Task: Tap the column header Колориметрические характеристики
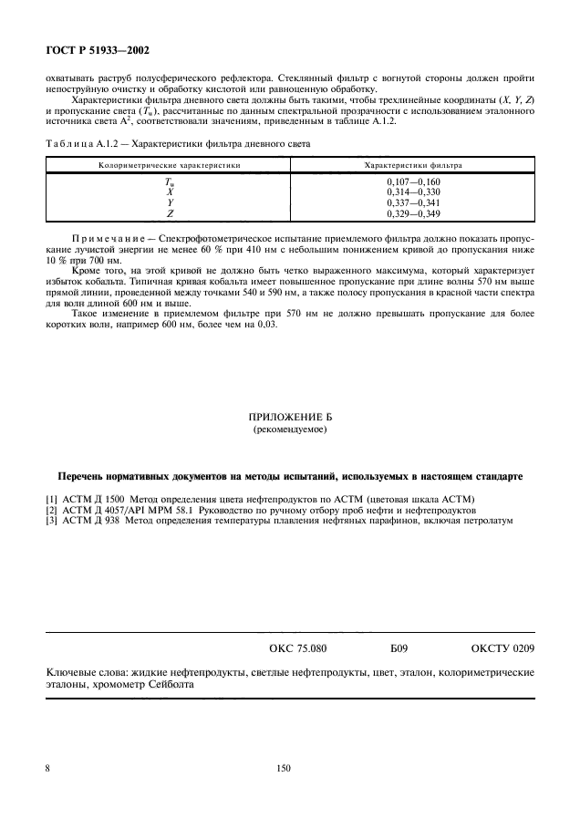point(170,166)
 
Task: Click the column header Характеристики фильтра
point(412,166)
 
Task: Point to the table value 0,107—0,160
point(413,182)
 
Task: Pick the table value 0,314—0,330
point(413,192)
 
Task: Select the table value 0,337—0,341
point(413,202)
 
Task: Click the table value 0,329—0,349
point(413,213)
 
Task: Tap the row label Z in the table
point(170,213)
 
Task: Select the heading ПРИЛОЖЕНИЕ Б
point(289,417)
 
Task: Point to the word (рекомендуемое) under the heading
point(289,429)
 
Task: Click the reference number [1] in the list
point(51,499)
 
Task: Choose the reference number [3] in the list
point(51,521)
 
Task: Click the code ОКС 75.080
point(297,648)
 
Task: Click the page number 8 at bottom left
point(47,769)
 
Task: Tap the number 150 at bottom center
point(283,769)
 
